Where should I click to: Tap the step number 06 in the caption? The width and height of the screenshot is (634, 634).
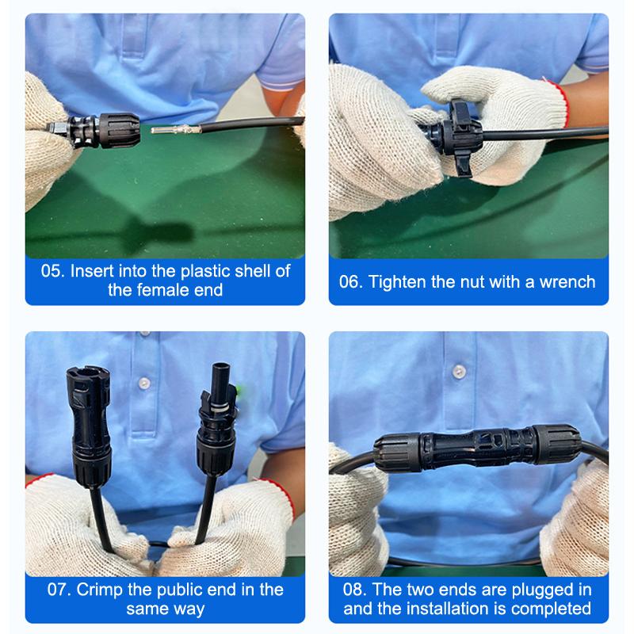[x=350, y=282]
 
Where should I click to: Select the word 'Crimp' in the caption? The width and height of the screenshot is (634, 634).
[x=100, y=590]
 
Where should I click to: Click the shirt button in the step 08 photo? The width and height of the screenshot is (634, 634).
[x=459, y=372]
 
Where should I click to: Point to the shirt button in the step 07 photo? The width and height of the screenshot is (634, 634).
[x=144, y=384]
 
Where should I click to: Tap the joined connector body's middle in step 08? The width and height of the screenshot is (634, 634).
[x=477, y=448]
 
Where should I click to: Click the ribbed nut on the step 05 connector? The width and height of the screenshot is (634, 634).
[x=120, y=130]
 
